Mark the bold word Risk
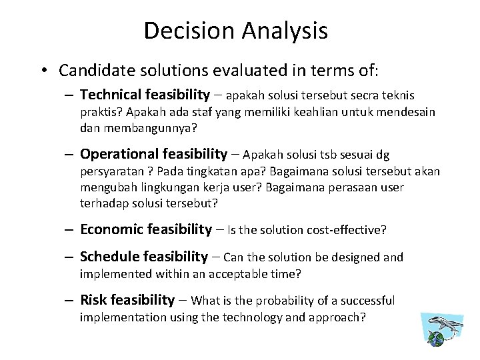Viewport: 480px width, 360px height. tap(93, 301)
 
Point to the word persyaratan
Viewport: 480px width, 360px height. tap(111, 172)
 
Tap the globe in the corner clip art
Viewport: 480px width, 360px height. tap(436, 339)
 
